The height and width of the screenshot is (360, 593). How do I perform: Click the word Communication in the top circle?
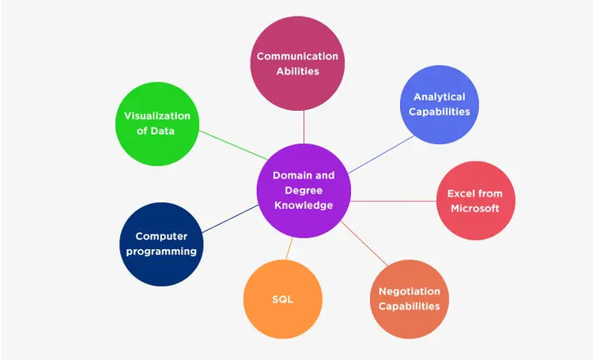[x=297, y=56]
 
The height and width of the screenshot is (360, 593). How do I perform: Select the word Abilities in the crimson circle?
[x=297, y=71]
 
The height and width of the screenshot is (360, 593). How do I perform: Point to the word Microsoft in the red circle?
[x=474, y=208]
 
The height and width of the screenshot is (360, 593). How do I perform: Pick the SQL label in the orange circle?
[x=282, y=299]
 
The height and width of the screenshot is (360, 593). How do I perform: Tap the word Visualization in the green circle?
[x=157, y=116]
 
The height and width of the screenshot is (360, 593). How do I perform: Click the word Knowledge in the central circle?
[x=304, y=205]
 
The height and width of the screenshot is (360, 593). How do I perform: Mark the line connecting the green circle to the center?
[x=232, y=145]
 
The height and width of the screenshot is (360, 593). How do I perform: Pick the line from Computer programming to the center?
[x=229, y=218]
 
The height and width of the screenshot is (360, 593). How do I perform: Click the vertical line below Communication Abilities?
[x=304, y=127]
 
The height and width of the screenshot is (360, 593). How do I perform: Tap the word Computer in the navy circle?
[x=161, y=236]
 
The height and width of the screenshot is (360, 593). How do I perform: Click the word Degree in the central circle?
[x=304, y=190]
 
